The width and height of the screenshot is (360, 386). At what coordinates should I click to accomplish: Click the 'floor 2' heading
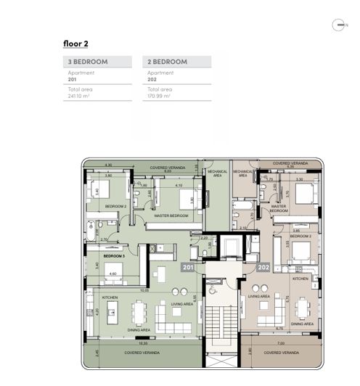pyautogui.click(x=75, y=44)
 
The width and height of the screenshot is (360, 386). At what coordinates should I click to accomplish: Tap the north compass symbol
pyautogui.click(x=339, y=25)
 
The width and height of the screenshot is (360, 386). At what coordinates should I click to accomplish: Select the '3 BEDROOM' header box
pyautogui.click(x=99, y=62)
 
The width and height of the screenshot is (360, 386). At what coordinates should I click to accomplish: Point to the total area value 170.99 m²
pyautogui.click(x=159, y=95)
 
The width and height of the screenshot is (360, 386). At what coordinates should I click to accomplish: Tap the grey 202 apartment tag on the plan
pyautogui.click(x=263, y=268)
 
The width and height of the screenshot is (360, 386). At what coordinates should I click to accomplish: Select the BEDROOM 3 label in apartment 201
pyautogui.click(x=114, y=257)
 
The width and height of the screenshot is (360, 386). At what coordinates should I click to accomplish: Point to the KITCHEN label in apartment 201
pyautogui.click(x=110, y=297)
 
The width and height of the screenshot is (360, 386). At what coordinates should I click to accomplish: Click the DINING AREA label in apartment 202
pyautogui.click(x=303, y=324)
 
